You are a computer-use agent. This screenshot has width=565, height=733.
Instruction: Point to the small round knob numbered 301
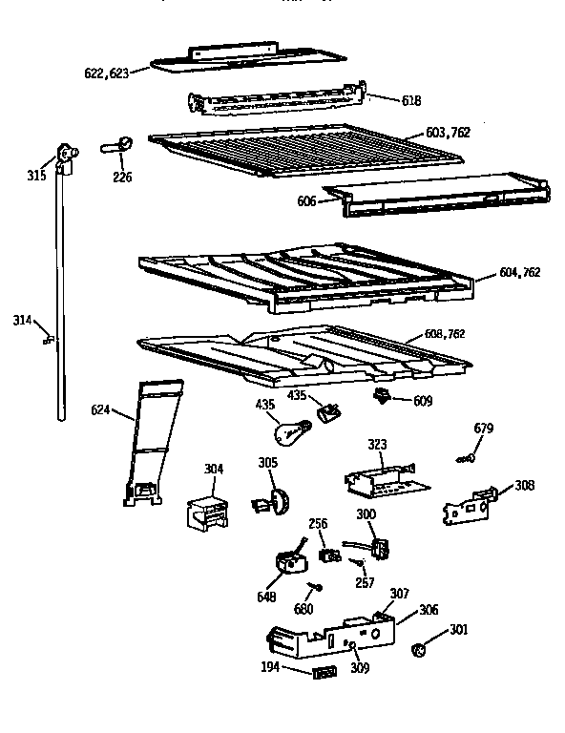tap(416, 650)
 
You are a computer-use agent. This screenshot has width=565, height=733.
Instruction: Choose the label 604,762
tap(520, 272)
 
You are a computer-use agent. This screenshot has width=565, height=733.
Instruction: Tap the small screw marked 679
tap(465, 459)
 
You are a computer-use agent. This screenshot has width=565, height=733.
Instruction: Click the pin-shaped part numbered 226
tap(116, 146)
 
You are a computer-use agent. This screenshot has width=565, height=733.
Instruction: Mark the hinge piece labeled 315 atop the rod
tap(66, 155)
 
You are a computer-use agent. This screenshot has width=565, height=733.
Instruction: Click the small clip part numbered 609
tap(384, 395)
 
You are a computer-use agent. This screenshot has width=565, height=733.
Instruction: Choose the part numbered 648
tap(286, 562)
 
